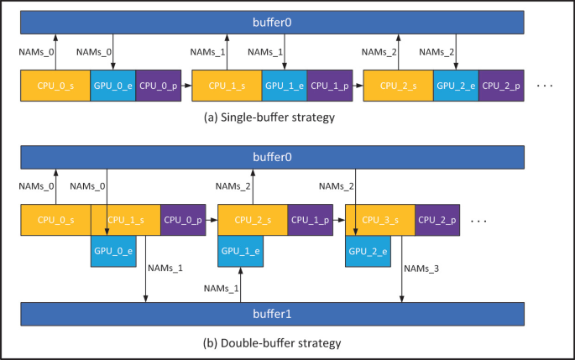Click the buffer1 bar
(x=273, y=315)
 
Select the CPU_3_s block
(x=380, y=220)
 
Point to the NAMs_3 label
(x=421, y=269)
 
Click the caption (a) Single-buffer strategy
(x=269, y=117)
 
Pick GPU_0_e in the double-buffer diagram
(x=112, y=251)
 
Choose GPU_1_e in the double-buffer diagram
(x=240, y=251)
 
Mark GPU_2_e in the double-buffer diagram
(x=368, y=251)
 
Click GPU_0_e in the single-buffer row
(x=112, y=86)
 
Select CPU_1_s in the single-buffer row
(x=227, y=86)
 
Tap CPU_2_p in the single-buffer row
(x=502, y=86)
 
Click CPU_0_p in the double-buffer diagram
(x=184, y=220)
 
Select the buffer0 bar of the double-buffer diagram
(x=273, y=156)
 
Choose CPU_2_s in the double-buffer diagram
(x=253, y=220)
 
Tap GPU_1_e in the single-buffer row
(x=284, y=86)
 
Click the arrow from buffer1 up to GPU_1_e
(x=240, y=285)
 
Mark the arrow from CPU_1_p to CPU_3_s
(x=340, y=220)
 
